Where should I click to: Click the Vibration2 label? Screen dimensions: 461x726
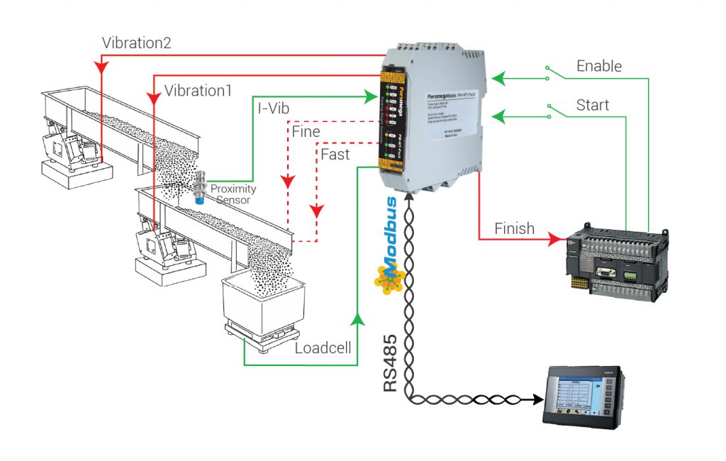click(136, 42)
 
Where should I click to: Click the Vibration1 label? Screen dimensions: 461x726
click(199, 91)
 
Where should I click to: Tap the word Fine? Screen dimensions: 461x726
click(306, 132)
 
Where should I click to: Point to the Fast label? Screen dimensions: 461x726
click(335, 154)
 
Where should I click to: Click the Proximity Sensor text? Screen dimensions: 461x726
click(233, 194)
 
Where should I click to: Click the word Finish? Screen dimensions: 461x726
click(514, 228)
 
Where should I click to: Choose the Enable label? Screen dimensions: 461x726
click(599, 66)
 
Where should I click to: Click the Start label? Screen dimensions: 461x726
click(593, 106)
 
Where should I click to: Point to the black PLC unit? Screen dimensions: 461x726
click(615, 258)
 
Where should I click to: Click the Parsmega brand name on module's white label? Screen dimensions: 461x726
click(442, 93)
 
